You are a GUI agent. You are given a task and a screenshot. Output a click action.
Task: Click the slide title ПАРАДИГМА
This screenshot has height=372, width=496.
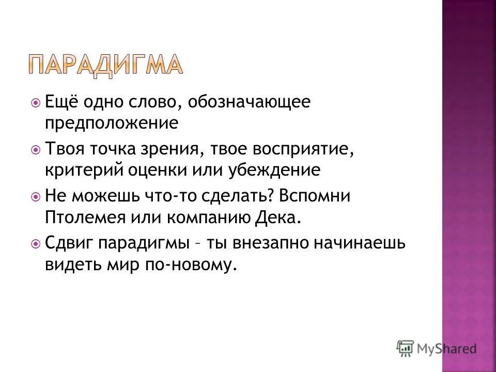coord(105,65)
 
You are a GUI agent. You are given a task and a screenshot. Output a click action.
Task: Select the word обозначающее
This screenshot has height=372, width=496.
coord(250,102)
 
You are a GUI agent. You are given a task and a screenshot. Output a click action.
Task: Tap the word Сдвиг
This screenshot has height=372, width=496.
coord(65,243)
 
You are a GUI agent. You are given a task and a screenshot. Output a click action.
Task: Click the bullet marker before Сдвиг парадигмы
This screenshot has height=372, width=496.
coord(35,243)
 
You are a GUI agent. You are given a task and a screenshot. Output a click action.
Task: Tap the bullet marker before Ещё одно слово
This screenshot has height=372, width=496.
coord(35,102)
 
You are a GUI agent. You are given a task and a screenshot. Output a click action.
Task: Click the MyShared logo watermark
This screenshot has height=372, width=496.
coord(437,348)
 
